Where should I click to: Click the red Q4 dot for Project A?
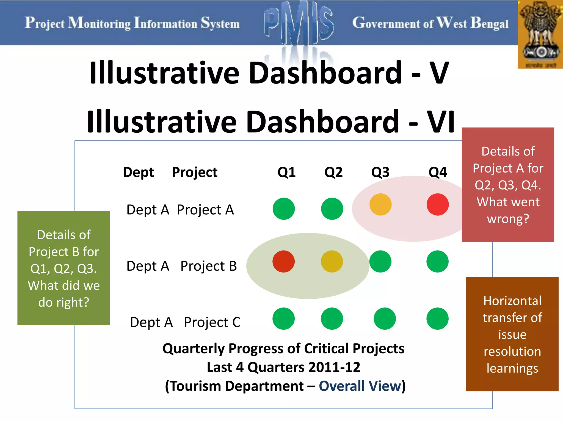(x=438, y=204)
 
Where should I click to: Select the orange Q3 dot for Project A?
(x=380, y=204)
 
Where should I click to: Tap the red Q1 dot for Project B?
(x=283, y=261)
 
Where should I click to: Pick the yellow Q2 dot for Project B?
(x=332, y=261)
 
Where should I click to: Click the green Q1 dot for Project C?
(x=283, y=318)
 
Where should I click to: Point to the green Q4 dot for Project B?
(x=437, y=261)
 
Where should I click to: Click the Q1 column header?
(x=286, y=172)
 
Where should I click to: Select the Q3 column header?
(x=380, y=172)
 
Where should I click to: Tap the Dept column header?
(x=138, y=172)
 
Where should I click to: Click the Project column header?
(x=195, y=172)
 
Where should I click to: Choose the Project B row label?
(x=209, y=266)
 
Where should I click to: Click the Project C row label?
(x=212, y=322)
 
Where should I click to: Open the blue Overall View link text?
(x=360, y=386)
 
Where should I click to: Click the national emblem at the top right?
(x=540, y=34)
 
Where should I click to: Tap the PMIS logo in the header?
(x=299, y=23)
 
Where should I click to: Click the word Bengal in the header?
(x=489, y=23)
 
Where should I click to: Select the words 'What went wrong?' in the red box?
(x=508, y=210)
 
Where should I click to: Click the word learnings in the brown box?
(x=512, y=368)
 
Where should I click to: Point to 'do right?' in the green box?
(x=64, y=302)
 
